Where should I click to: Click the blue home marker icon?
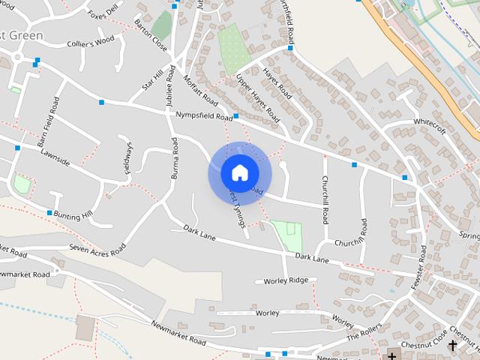coord(239,172)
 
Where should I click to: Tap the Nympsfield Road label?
coord(203,116)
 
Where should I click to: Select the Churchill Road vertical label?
coord(325,199)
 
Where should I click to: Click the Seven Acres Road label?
coord(97,248)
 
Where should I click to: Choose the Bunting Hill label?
coord(73,215)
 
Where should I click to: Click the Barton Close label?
coord(151,35)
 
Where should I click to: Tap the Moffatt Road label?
coord(200,90)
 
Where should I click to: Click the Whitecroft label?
coord(430,126)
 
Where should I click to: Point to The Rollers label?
coord(364,332)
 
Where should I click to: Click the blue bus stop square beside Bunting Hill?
coord(49,213)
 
